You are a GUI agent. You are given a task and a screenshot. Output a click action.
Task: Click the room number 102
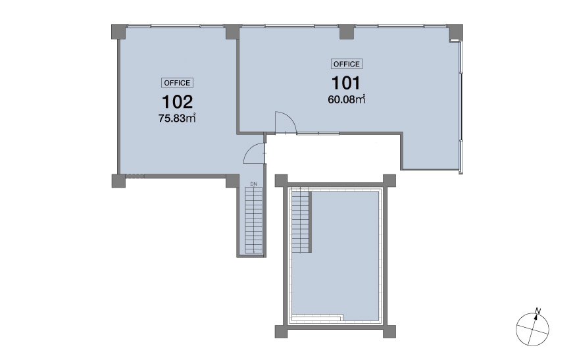click(177, 102)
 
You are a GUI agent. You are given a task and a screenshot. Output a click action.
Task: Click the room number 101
click(346, 83)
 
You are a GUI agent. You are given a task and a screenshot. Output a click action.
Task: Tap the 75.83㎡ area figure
click(177, 118)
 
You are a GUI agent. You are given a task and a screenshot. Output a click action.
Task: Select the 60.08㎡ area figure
click(347, 99)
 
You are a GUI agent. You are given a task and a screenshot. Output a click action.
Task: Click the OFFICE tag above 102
click(177, 83)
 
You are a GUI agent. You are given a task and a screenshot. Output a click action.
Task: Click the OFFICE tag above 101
click(347, 64)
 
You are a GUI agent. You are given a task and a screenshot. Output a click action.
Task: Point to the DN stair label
click(254, 184)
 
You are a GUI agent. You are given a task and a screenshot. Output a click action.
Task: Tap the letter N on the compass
click(538, 311)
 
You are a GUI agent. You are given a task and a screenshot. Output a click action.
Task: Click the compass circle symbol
click(532, 329)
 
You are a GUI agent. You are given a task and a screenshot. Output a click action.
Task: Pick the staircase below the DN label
click(253, 220)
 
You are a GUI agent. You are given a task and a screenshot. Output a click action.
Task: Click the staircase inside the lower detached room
click(301, 220)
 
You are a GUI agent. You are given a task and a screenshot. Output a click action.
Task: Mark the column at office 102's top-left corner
click(119, 32)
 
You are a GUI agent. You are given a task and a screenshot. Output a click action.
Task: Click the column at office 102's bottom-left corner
click(118, 181)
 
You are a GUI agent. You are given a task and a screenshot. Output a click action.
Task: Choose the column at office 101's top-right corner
click(455, 32)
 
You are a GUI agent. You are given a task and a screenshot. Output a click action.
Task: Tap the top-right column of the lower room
click(389, 180)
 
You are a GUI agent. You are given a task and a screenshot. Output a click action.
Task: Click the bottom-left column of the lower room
click(282, 332)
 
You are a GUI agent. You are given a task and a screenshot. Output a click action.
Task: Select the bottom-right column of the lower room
click(389, 332)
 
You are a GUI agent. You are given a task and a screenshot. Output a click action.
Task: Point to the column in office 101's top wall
click(347, 32)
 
